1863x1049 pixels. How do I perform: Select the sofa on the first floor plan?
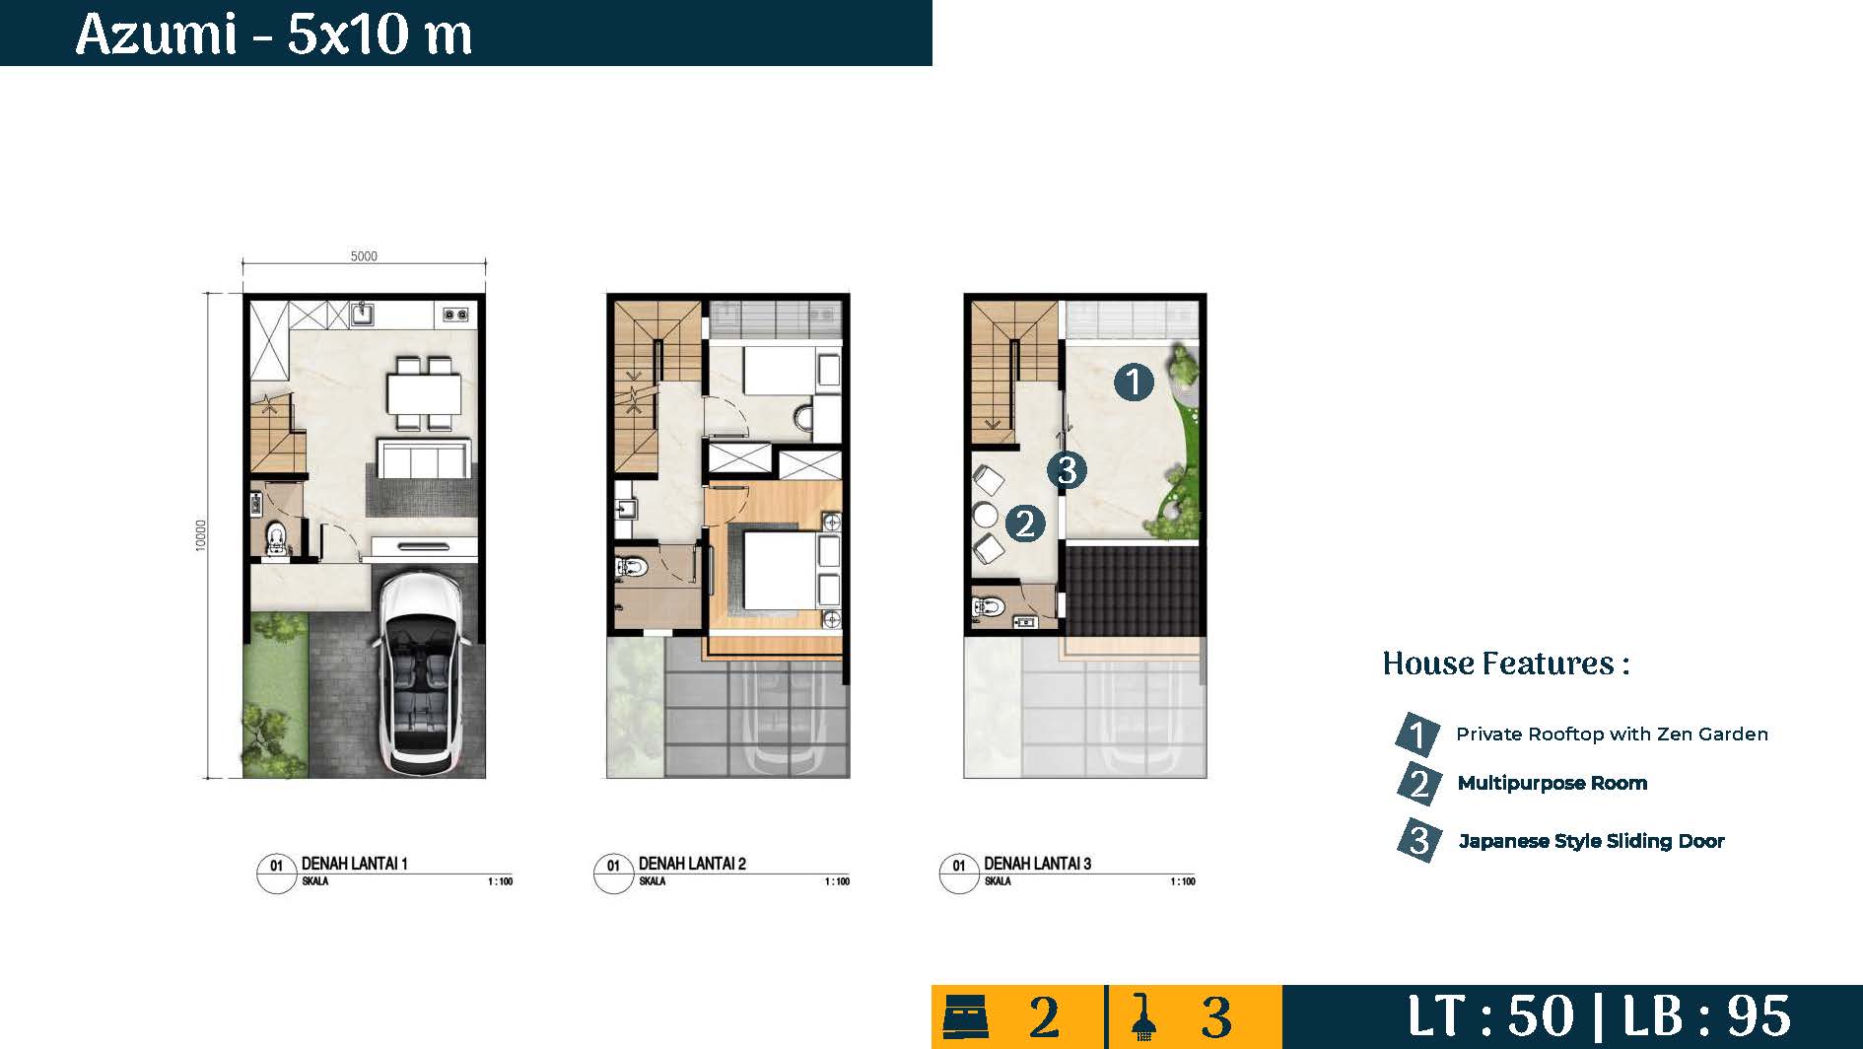(423, 459)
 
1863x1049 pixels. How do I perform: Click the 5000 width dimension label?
(364, 256)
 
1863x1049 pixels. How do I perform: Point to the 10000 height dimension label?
(201, 535)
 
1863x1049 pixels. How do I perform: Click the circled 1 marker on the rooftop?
(1134, 382)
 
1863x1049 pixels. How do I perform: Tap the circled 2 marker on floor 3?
(1025, 523)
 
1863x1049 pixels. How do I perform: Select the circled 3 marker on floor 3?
(1067, 470)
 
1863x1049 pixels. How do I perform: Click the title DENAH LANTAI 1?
(354, 864)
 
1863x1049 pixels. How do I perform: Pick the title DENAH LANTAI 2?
(692, 864)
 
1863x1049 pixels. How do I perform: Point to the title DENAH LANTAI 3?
(1037, 864)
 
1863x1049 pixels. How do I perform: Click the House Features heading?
(1506, 664)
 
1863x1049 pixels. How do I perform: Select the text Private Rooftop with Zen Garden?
(1612, 734)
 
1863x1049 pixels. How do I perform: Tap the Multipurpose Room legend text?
(1552, 783)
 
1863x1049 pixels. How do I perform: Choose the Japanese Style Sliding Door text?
(1591, 841)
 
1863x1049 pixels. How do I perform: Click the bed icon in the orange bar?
(966, 1016)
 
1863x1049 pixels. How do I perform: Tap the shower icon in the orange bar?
(1143, 1017)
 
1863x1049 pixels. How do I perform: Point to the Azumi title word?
(156, 35)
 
